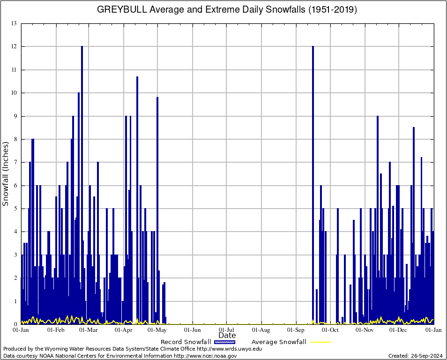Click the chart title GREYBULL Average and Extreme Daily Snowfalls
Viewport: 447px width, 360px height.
click(227, 9)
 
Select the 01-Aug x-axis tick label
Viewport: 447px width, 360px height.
click(261, 330)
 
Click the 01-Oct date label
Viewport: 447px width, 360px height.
click(330, 330)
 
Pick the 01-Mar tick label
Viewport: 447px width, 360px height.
click(88, 330)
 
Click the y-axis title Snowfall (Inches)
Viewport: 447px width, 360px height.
click(6, 173)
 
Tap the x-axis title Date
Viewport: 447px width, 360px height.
click(227, 336)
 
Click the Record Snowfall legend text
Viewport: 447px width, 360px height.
click(186, 342)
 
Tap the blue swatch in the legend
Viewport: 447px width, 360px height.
click(224, 342)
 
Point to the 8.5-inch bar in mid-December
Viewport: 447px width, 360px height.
click(414, 225)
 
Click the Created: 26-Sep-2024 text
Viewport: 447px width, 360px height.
click(416, 356)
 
